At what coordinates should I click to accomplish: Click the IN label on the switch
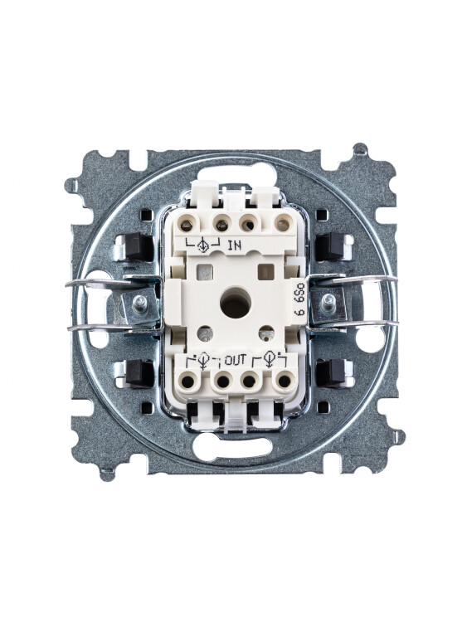(234, 245)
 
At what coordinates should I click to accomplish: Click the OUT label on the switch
(236, 360)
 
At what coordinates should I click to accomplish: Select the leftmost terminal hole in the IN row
(187, 226)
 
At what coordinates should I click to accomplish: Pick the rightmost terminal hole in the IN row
(282, 226)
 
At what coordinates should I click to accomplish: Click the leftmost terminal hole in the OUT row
(187, 381)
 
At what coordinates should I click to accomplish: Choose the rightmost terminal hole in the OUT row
(284, 381)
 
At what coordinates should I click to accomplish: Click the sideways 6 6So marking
(300, 299)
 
